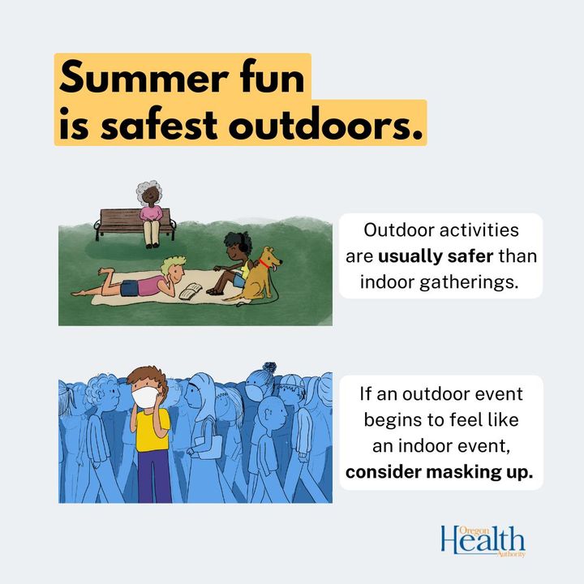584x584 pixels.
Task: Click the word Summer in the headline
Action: point(144,77)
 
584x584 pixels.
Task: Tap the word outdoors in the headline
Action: point(326,123)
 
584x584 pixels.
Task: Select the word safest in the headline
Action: point(159,123)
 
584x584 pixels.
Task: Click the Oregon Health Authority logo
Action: point(483,541)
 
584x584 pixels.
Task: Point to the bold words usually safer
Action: point(436,256)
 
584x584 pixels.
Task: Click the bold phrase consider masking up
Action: point(439,472)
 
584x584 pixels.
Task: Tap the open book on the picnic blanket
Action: point(191,291)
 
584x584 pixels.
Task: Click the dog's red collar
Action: point(264,264)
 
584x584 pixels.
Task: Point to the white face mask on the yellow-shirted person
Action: point(145,397)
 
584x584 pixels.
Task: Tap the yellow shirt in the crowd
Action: point(152,430)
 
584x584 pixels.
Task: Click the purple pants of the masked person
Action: point(154,476)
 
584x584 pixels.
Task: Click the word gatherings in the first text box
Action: point(470,282)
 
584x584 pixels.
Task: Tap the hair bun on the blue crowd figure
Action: point(268,368)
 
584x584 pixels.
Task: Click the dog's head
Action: point(272,257)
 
